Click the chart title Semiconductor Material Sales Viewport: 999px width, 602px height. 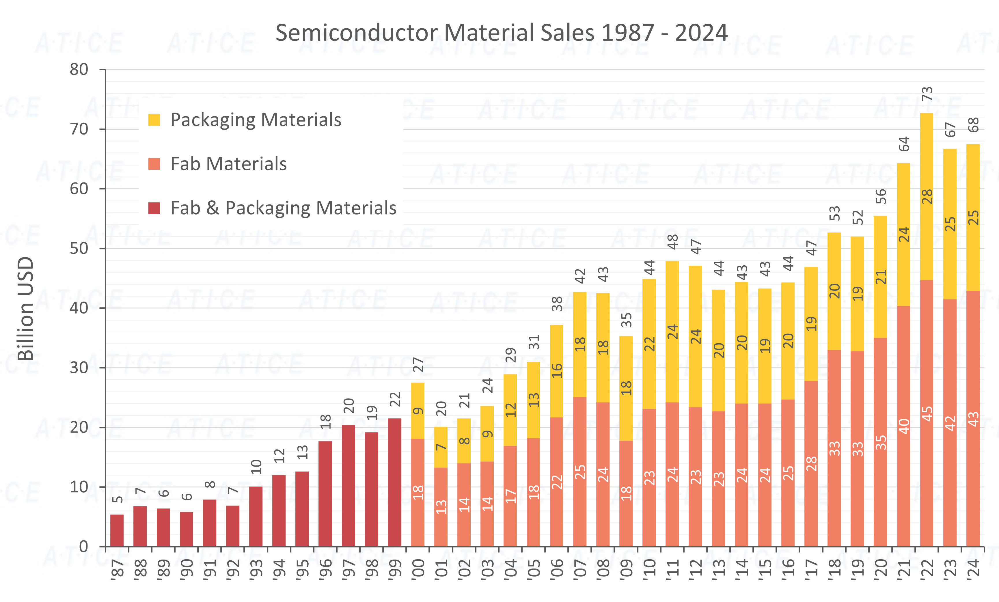tap(502, 33)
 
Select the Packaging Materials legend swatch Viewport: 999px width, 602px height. tap(154, 120)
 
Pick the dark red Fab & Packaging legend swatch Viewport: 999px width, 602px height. tap(154, 208)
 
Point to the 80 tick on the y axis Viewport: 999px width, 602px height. tap(79, 69)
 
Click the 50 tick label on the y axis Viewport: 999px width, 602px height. tap(79, 249)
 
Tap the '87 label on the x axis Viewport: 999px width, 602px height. tap(118, 569)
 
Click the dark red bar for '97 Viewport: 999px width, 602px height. tap(348, 485)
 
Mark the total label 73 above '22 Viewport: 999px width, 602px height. tap(927, 94)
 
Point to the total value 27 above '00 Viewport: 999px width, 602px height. tap(418, 365)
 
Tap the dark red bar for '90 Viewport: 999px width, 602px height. tap(187, 529)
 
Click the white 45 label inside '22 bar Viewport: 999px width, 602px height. tap(927, 413)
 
